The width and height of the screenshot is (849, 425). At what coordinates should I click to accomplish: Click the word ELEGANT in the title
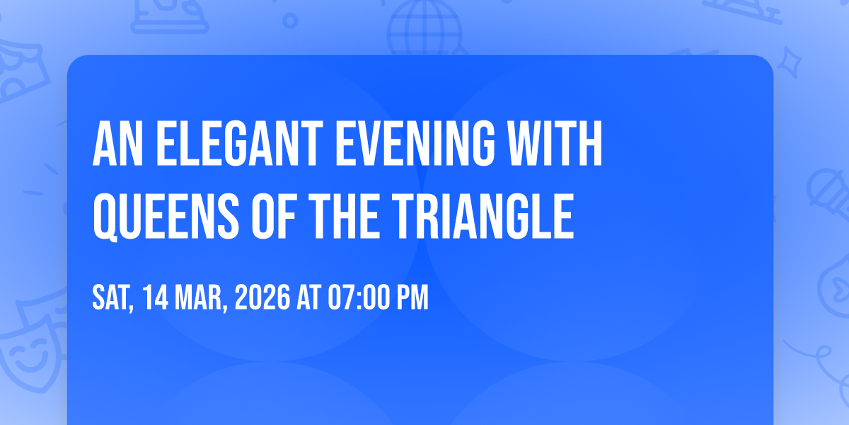(x=240, y=144)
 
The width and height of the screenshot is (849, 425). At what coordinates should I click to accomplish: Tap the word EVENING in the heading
(x=415, y=144)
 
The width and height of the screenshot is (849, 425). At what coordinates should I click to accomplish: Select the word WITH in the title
(x=555, y=144)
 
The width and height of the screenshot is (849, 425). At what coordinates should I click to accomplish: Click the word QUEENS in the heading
(x=166, y=217)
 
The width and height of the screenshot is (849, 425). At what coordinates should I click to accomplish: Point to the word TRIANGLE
(x=483, y=216)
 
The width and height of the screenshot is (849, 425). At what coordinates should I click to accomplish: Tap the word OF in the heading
(x=274, y=216)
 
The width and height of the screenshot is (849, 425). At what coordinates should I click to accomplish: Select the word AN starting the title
(x=118, y=144)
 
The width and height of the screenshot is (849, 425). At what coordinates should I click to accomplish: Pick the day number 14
(x=156, y=297)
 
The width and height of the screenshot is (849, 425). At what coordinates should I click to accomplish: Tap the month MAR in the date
(x=201, y=298)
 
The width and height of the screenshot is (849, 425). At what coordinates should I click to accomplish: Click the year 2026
(x=262, y=297)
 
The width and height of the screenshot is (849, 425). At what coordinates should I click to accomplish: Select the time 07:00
(x=358, y=297)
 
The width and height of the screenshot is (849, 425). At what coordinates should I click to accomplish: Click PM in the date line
(x=412, y=297)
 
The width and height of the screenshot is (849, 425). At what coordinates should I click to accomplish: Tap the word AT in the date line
(x=309, y=297)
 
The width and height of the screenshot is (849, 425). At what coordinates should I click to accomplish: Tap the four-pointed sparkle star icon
(x=789, y=62)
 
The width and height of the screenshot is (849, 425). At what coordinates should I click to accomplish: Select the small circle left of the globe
(x=290, y=21)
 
